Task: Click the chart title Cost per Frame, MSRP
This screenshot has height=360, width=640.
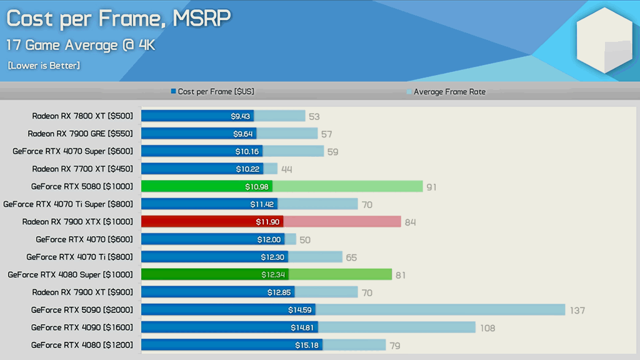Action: tap(119, 19)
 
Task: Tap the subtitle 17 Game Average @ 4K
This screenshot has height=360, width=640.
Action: tap(81, 46)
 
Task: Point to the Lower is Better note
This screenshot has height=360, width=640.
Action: tap(44, 66)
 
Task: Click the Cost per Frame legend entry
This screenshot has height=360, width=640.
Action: tap(212, 92)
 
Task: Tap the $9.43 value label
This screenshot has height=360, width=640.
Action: tap(241, 116)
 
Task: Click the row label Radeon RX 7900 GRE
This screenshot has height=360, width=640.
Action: tap(80, 134)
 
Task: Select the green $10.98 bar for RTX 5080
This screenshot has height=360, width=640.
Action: tap(206, 186)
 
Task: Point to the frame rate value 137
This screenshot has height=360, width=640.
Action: tap(576, 310)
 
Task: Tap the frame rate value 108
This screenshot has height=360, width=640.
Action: tap(486, 327)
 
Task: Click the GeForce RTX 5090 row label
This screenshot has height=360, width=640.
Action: tap(82, 309)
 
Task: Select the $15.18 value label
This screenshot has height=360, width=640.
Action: tap(307, 345)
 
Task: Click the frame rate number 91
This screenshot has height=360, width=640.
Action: tap(431, 187)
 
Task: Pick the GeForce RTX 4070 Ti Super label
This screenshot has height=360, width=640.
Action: tap(68, 204)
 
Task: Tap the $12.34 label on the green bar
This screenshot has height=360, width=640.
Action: tap(274, 274)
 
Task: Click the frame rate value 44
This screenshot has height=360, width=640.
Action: tap(286, 169)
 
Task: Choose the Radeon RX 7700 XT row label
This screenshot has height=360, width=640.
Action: tap(82, 169)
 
